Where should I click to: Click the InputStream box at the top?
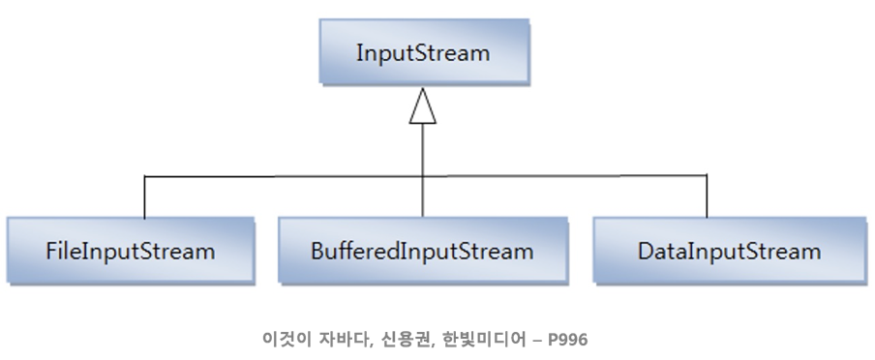pos(423,53)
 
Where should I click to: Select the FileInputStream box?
pos(130,252)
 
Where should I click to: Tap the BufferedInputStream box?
pos(422,252)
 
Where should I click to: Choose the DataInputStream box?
pos(729,252)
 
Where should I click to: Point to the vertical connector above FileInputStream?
pos(144,196)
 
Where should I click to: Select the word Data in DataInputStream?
pos(659,252)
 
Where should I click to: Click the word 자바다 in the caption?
pos(339,340)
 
